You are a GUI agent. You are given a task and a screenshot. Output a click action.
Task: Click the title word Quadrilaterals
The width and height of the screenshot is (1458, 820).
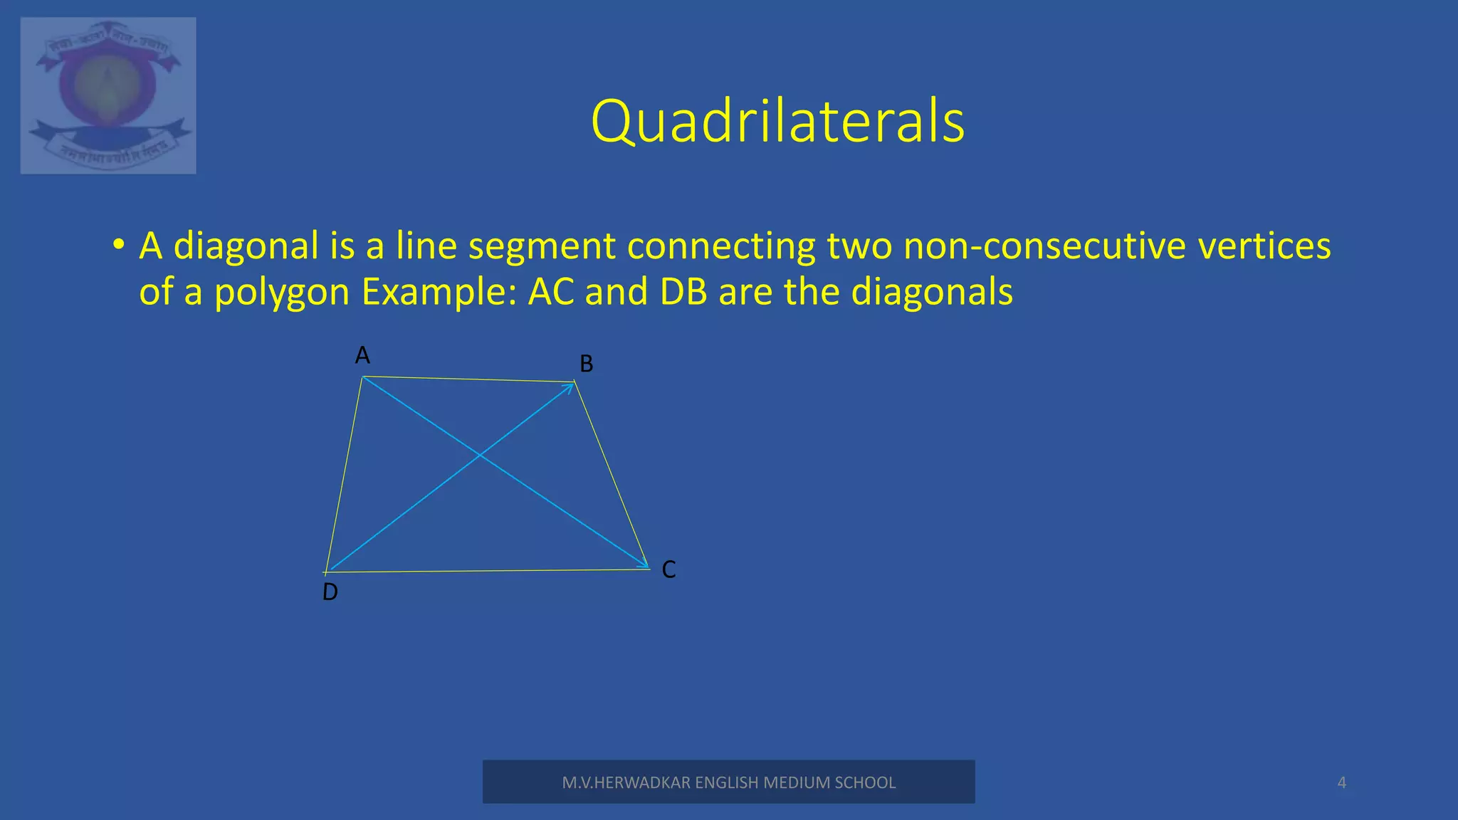(777, 121)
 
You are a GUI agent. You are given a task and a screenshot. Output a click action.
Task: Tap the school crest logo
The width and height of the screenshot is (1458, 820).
(108, 95)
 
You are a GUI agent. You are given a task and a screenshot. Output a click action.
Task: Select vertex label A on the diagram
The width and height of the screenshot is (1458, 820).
(362, 354)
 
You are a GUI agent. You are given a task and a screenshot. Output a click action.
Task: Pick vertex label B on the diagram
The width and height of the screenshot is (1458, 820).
(587, 364)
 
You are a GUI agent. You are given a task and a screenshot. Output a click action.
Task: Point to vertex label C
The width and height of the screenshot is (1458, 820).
(668, 569)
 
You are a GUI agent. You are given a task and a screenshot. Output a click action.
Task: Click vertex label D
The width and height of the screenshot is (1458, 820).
(330, 592)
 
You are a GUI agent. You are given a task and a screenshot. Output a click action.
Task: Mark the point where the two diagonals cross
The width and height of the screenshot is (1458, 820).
(480, 455)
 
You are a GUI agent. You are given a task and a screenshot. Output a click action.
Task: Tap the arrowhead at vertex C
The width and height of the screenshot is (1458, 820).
(643, 565)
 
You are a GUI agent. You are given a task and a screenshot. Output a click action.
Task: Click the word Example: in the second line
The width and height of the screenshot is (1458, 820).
(439, 292)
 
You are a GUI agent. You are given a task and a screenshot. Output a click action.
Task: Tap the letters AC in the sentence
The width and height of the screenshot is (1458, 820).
(551, 292)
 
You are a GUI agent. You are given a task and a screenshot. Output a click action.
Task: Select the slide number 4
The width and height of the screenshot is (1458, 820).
(1341, 783)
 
